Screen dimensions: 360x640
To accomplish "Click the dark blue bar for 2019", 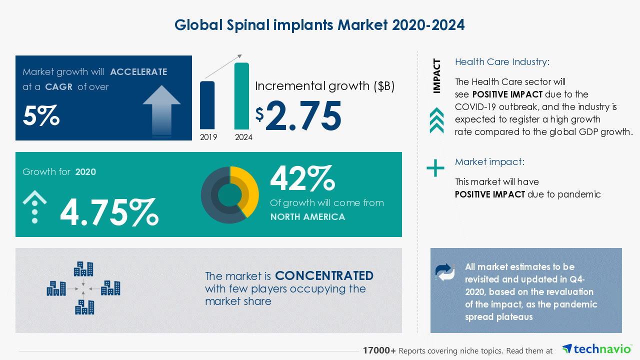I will pyautogui.click(x=207, y=105).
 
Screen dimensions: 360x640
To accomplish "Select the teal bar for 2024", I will pyautogui.click(x=241, y=96).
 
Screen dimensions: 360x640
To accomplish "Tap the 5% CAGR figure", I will pyautogui.click(x=41, y=116).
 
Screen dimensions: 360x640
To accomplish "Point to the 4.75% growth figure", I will pyautogui.click(x=109, y=211).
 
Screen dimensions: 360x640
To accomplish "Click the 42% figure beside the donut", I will pyautogui.click(x=302, y=178).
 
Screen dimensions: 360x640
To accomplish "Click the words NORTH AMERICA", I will pyautogui.click(x=307, y=217).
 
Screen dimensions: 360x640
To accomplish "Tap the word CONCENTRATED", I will pyautogui.click(x=324, y=276).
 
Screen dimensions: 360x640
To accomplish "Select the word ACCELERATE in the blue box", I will pyautogui.click(x=138, y=72).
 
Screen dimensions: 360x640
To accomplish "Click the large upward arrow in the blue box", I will pyautogui.click(x=161, y=107).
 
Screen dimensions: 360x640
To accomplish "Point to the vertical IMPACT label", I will pyautogui.click(x=437, y=76).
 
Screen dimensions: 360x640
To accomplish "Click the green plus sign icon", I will pyautogui.click(x=435, y=168).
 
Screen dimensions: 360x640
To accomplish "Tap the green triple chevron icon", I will pyautogui.click(x=436, y=120).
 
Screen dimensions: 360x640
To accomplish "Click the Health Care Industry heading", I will pyautogui.click(x=502, y=62).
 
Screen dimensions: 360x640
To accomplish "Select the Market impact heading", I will pyautogui.click(x=489, y=162).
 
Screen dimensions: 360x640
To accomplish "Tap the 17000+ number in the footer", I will pyautogui.click(x=379, y=351).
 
